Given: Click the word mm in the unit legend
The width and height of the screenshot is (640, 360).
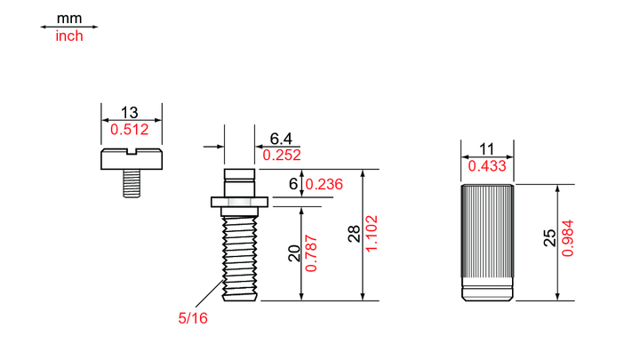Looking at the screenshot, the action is (69, 19).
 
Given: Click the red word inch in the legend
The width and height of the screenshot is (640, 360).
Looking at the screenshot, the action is (69, 36).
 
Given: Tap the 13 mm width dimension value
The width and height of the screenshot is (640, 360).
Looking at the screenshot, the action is (130, 112).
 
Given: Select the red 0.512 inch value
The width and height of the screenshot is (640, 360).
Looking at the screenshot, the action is (130, 130).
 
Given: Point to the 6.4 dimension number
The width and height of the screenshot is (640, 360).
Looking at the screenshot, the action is (281, 139).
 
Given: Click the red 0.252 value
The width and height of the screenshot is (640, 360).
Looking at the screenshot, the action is (282, 155).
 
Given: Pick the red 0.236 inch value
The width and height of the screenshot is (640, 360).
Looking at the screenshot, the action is (324, 184).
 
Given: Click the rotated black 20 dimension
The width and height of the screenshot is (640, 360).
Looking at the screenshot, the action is (294, 253).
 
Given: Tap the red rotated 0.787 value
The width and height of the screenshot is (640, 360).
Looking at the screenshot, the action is (311, 253).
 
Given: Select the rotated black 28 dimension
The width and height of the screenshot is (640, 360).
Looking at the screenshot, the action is (355, 235).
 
